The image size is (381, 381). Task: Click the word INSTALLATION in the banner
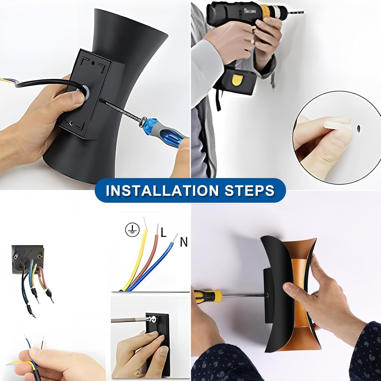[162, 190]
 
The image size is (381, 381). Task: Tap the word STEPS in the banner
[250, 190]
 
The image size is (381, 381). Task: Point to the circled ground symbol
[132, 230]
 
